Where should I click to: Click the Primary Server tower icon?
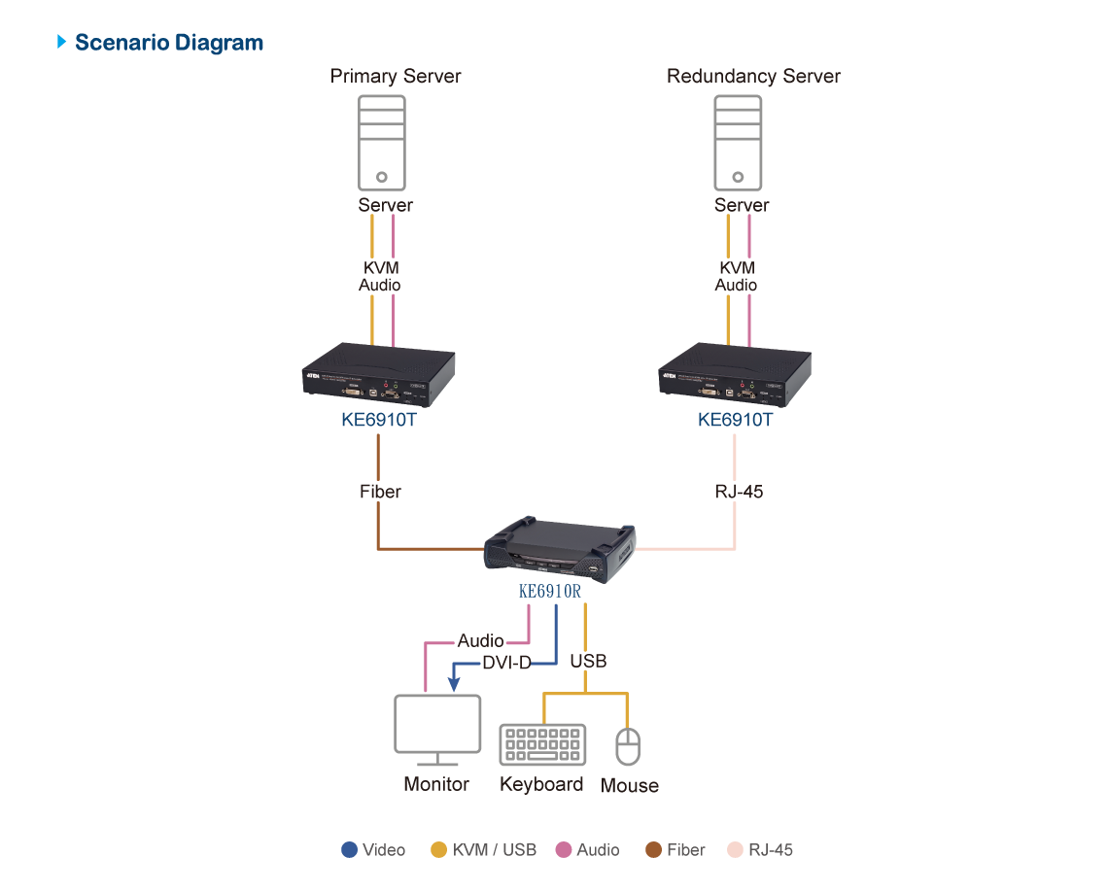(383, 142)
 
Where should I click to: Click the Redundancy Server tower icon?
(739, 142)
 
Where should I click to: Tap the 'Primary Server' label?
(395, 76)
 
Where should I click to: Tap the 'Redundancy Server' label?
(752, 76)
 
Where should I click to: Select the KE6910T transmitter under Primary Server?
(379, 372)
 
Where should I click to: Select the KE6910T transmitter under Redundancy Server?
(736, 372)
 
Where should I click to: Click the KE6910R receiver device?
(562, 550)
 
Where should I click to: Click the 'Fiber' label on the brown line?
(380, 492)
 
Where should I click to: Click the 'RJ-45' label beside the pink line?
(739, 492)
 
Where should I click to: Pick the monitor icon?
(436, 729)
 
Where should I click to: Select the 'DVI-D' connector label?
(507, 664)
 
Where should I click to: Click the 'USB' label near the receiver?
(588, 661)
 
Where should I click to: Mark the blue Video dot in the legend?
(350, 849)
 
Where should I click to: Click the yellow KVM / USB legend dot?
(439, 849)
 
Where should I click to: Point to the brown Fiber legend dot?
(654, 849)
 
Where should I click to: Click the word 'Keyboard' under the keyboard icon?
(541, 784)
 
